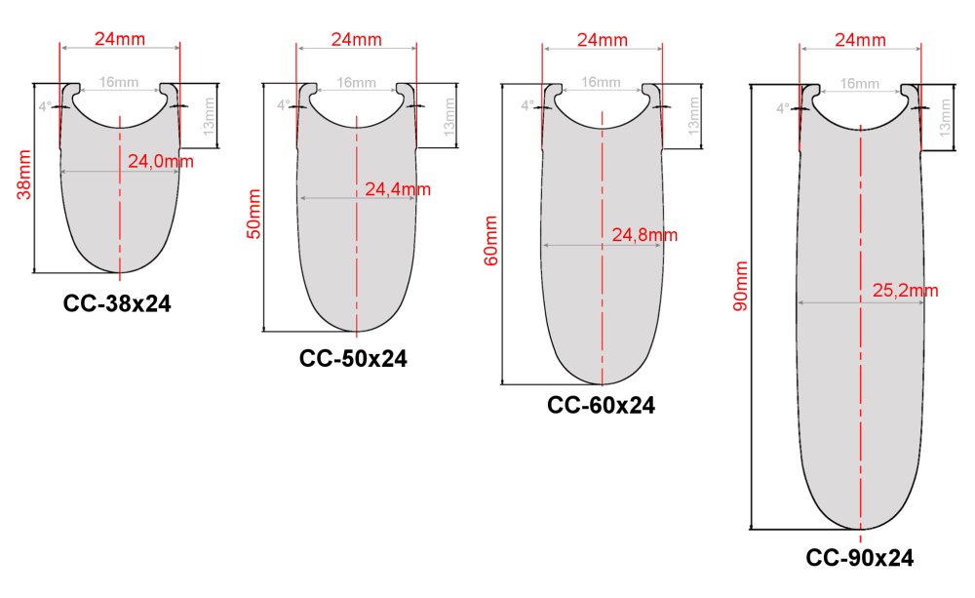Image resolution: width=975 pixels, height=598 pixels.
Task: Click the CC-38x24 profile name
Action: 117,303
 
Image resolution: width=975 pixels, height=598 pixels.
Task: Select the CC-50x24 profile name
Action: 353,358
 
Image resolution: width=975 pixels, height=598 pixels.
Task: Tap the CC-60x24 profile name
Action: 602,405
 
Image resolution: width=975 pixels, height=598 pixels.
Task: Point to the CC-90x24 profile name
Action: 860,558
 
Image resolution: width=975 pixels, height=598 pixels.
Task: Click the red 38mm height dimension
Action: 24,175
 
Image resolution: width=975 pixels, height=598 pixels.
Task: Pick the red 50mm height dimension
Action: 253,214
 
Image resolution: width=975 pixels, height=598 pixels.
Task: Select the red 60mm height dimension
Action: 490,241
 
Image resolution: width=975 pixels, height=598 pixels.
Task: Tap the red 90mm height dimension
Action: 741,286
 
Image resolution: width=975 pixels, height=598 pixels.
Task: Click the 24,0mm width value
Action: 161,162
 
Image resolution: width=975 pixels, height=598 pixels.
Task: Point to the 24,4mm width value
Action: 398,189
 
